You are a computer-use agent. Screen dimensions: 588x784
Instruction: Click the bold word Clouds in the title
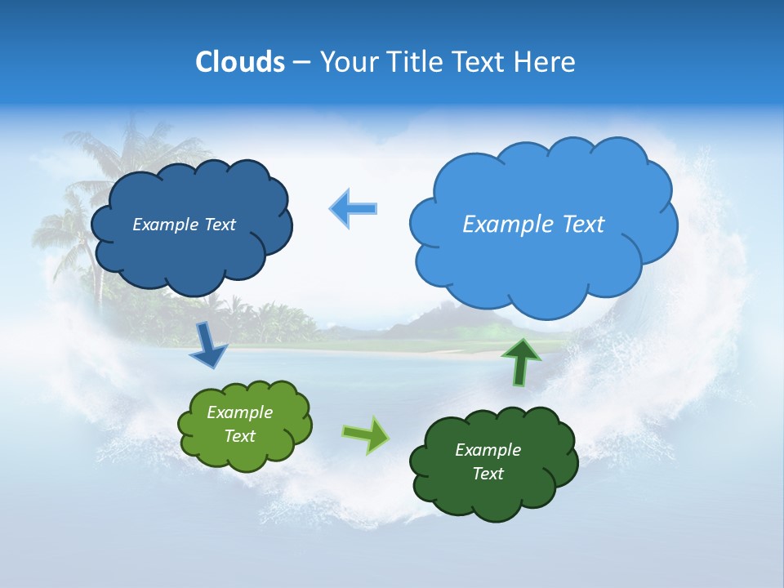point(240,61)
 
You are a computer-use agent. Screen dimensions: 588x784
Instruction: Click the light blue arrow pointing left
point(354,208)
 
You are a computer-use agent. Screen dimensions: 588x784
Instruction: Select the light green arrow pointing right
point(366,434)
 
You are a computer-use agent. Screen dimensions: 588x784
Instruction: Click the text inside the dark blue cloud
point(184,225)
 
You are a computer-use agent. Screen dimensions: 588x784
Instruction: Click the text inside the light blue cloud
point(533,225)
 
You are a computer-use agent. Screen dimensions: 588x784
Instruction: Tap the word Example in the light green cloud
point(239,412)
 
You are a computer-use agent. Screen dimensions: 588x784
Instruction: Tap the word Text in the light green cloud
point(239,436)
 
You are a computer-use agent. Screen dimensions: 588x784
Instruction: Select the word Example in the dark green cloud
point(488,450)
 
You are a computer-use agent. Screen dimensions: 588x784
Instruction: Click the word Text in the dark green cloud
point(488,474)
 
